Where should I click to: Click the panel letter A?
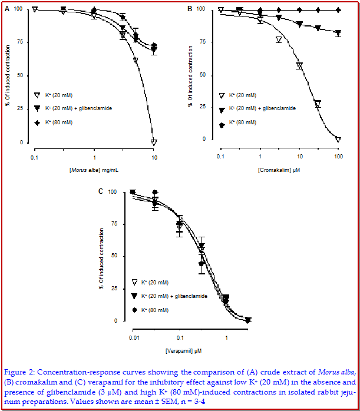point(6,8)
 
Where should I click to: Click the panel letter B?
point(190,8)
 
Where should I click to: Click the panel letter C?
point(101,191)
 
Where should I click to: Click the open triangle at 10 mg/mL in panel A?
point(154,142)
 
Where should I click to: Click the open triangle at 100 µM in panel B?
point(338,140)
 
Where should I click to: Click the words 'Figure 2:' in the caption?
point(20,372)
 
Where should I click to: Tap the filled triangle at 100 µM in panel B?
point(338,33)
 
